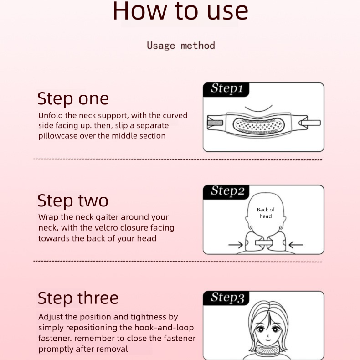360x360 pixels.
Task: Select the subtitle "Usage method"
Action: [x=180, y=46]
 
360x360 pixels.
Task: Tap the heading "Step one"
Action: [x=73, y=98]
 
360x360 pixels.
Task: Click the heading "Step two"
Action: [x=73, y=201]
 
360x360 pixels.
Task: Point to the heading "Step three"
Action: [x=78, y=298]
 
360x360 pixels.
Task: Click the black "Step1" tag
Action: [x=226, y=89]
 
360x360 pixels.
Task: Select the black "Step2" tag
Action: [x=226, y=191]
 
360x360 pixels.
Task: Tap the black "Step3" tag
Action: [x=226, y=298]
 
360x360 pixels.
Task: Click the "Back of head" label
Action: [x=266, y=213]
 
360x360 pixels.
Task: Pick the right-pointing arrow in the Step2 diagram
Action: [x=235, y=245]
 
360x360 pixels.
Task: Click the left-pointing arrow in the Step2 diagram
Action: [x=296, y=245]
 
